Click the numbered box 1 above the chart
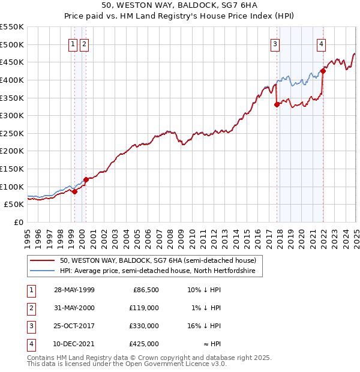tap(73, 44)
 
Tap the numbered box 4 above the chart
tap(322, 44)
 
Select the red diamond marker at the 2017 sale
tap(277, 104)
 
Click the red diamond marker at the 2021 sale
tap(323, 71)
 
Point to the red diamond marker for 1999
tap(75, 191)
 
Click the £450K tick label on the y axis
tap(13, 62)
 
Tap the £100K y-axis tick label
tap(13, 187)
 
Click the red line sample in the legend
tap(42, 261)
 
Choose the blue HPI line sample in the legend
tap(42, 271)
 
